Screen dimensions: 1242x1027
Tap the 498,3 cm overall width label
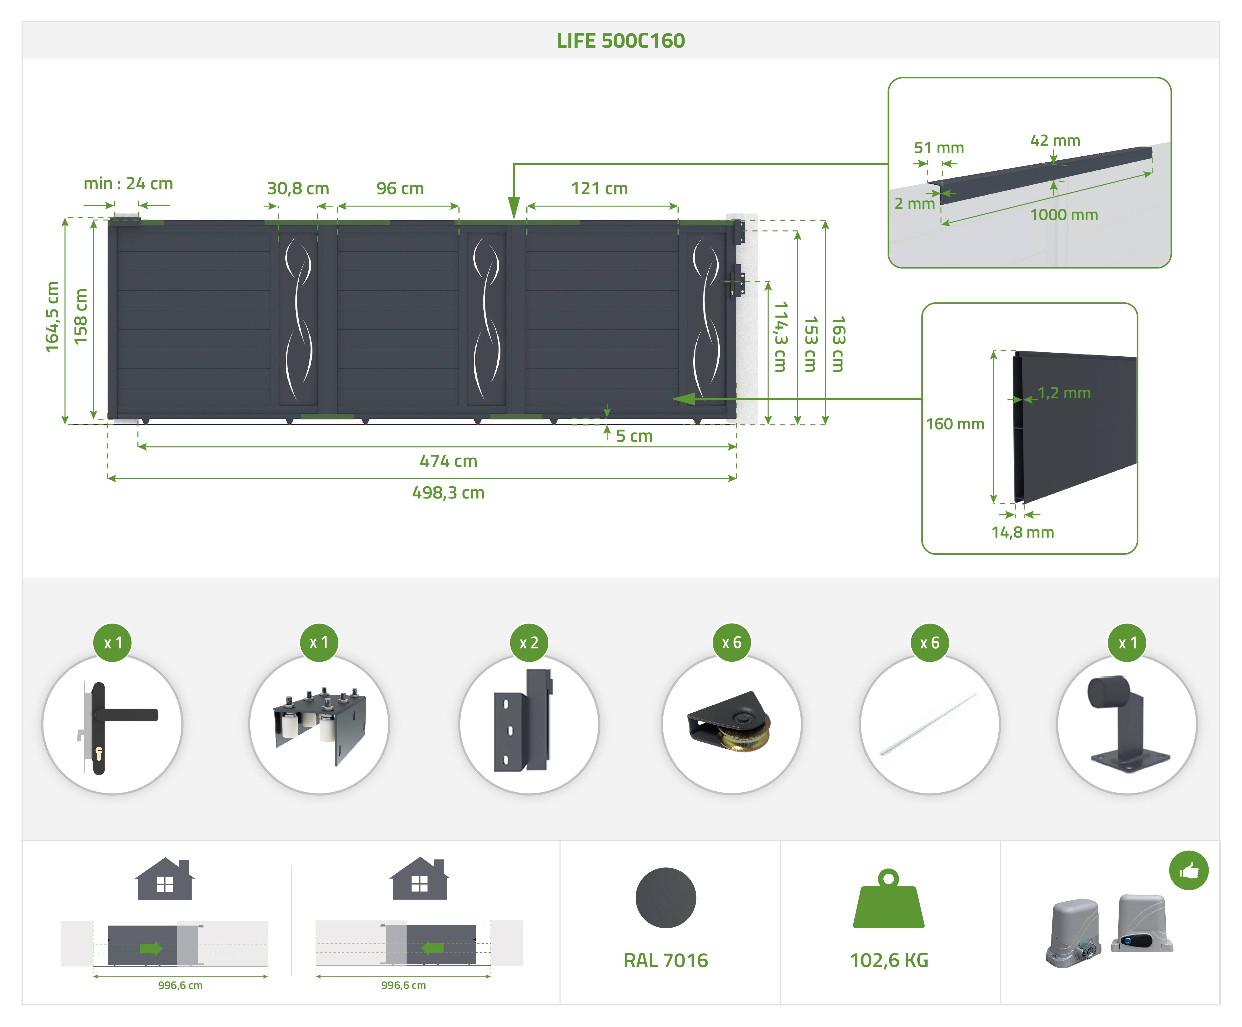click(448, 493)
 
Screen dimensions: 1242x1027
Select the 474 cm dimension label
click(448, 461)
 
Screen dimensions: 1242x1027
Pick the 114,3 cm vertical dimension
click(781, 337)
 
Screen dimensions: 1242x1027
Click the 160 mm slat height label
click(955, 424)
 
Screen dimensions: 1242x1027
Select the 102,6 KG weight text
click(889, 960)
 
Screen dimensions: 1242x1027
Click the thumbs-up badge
click(1189, 870)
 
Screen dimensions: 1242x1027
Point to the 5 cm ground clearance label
click(634, 436)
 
